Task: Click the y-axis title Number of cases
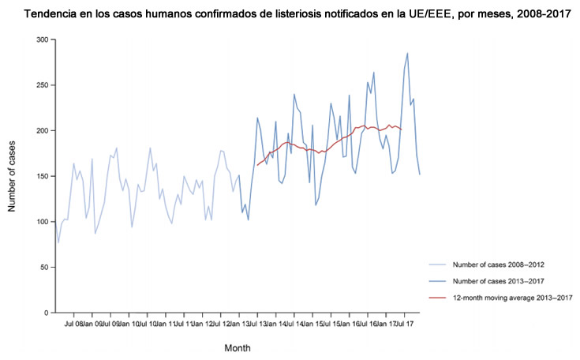click(x=13, y=175)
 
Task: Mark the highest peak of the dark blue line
click(x=407, y=53)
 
